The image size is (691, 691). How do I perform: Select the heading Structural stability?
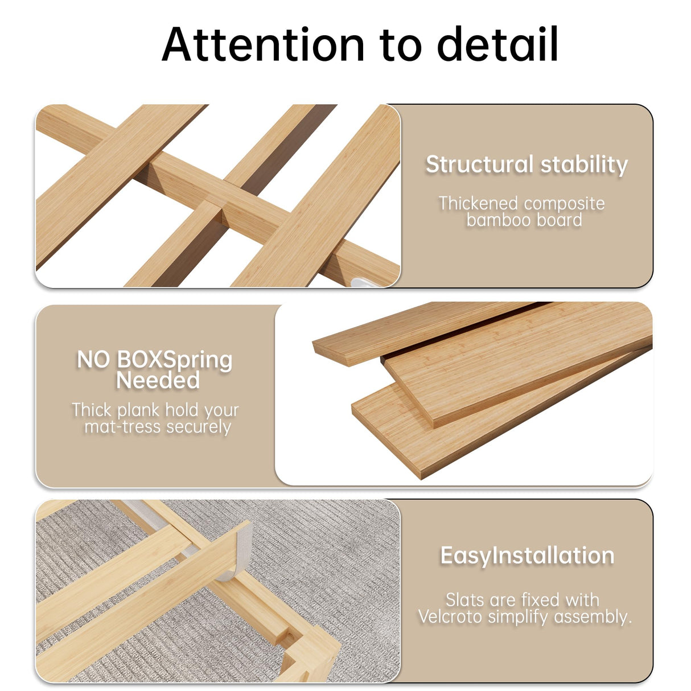(x=527, y=164)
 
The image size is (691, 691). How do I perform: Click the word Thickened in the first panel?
(x=478, y=203)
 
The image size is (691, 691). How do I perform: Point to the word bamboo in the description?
(x=493, y=220)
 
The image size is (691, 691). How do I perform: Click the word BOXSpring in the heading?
(x=174, y=360)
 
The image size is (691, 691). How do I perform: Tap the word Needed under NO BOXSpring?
(x=158, y=380)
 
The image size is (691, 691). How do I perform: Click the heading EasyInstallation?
(x=527, y=556)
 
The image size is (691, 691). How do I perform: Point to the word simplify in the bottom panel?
(x=518, y=616)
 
